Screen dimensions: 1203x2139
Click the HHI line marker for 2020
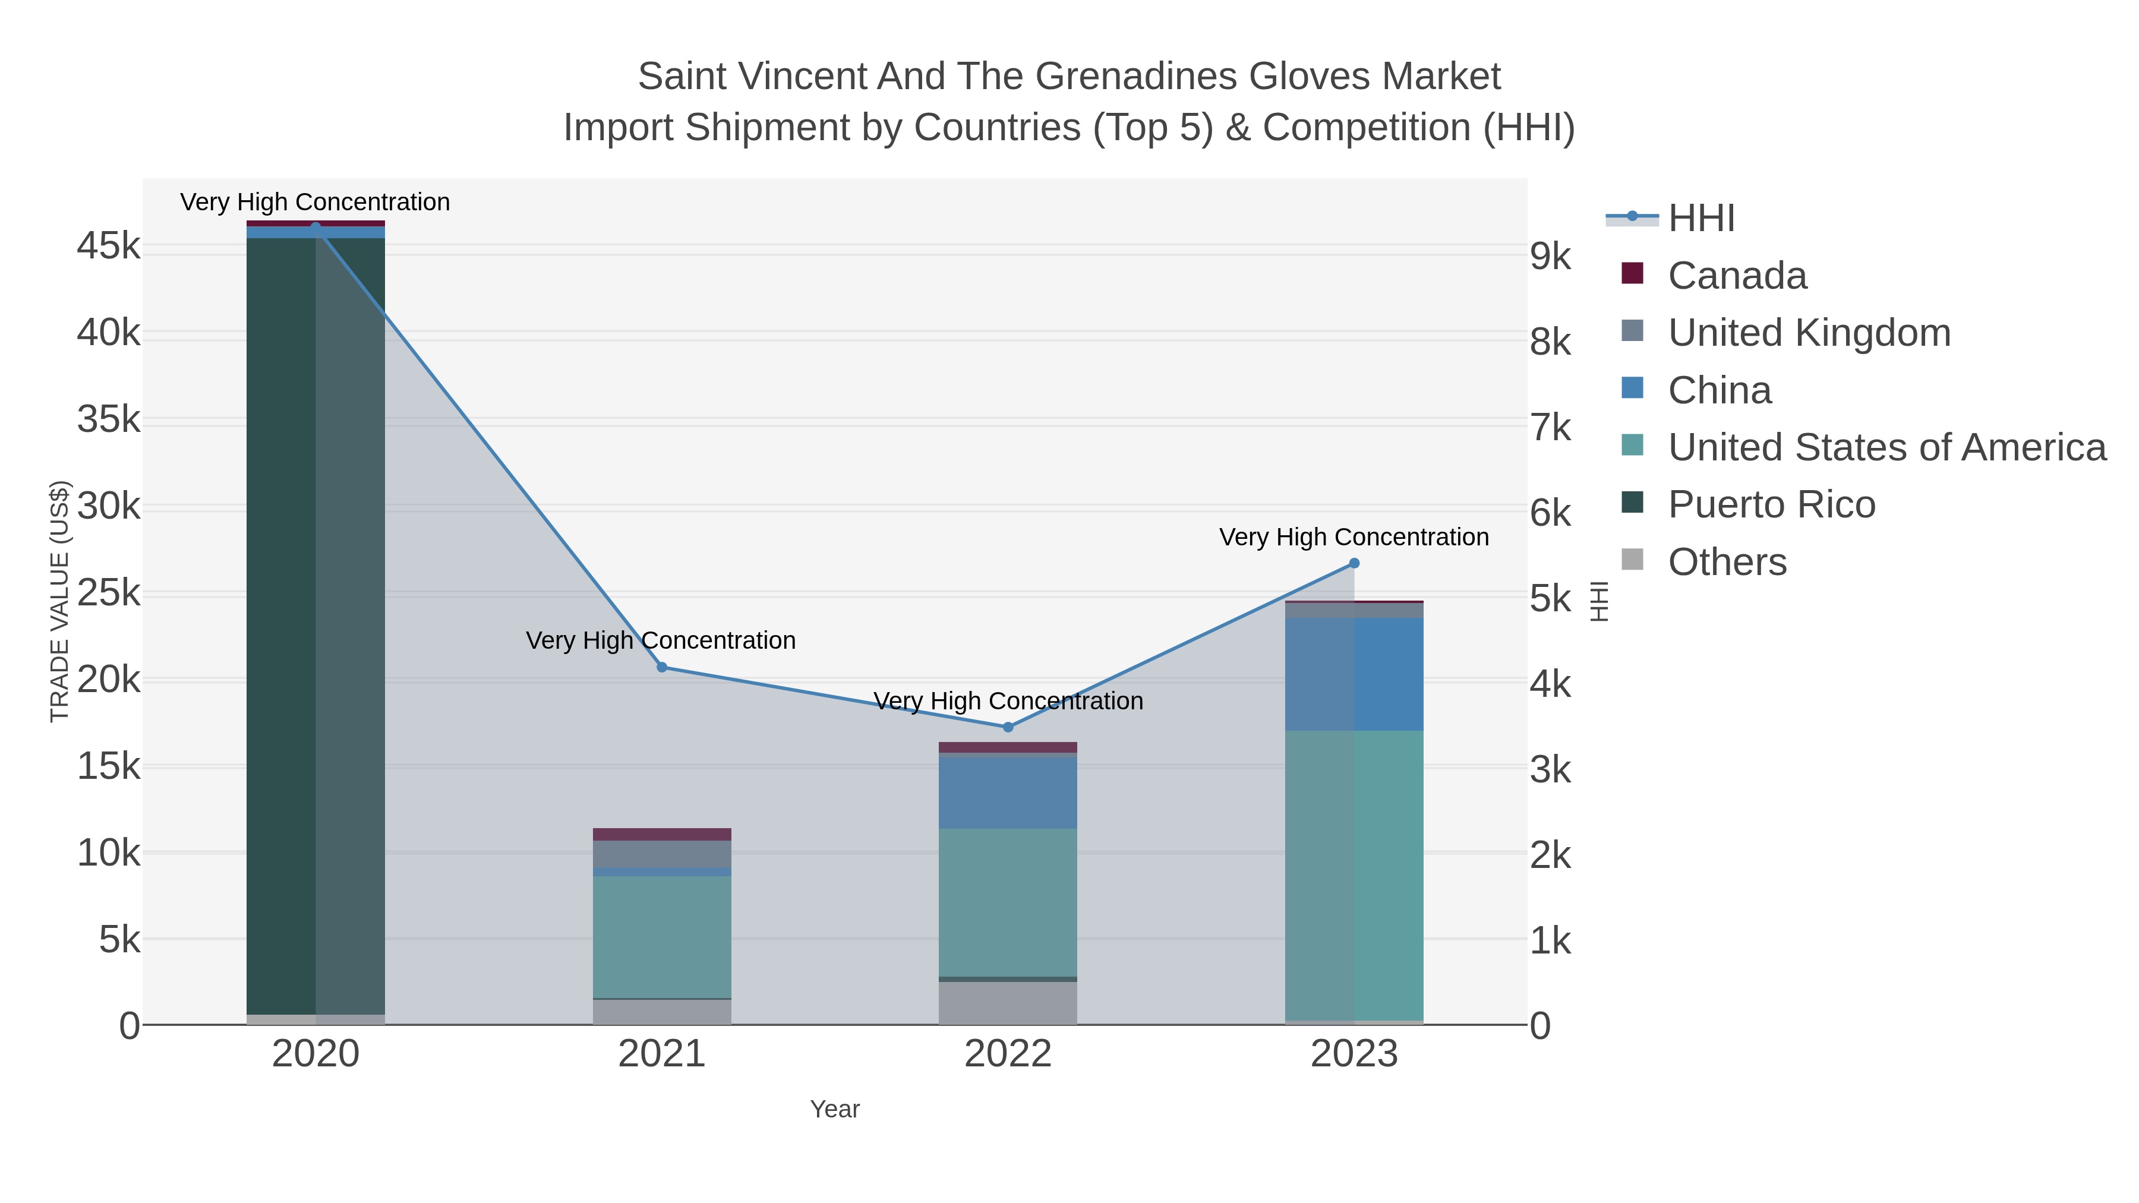(x=316, y=227)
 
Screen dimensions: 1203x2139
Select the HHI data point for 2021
(x=662, y=668)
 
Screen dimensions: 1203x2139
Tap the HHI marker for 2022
(x=1008, y=727)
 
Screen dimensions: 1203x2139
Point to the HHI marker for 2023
(x=1354, y=563)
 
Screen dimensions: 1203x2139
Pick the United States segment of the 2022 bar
(x=1008, y=902)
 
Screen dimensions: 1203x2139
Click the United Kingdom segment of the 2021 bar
(x=662, y=854)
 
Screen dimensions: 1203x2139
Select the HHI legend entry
(x=1701, y=219)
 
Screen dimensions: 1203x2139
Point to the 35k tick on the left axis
(x=109, y=420)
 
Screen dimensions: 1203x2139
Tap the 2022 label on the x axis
(x=1008, y=1054)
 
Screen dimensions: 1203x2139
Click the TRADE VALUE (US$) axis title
(x=60, y=601)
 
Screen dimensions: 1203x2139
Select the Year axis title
(x=835, y=1109)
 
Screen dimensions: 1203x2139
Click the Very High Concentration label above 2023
(x=1354, y=537)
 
